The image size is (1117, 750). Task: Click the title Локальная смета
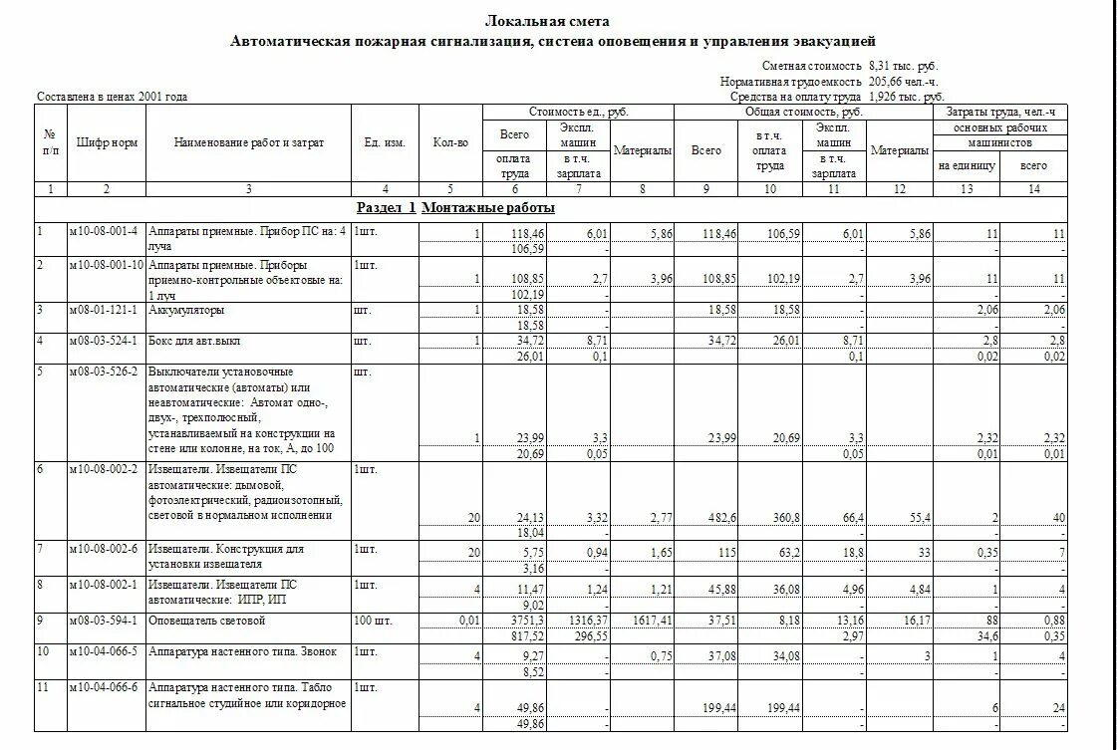click(x=547, y=21)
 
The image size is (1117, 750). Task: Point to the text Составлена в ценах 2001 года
click(x=112, y=97)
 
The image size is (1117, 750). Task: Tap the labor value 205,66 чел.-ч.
click(x=903, y=81)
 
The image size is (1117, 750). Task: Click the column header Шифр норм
click(x=106, y=143)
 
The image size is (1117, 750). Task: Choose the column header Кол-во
click(x=450, y=143)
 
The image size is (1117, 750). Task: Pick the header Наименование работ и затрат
click(x=248, y=143)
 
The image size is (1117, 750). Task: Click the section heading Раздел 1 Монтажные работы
click(x=455, y=208)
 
